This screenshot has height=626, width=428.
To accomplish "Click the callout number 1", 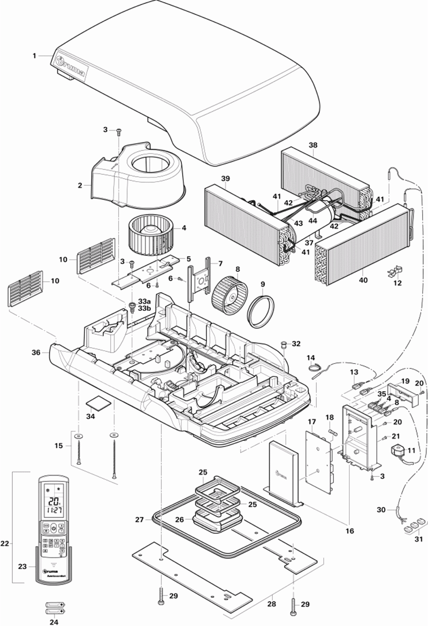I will coord(34,56).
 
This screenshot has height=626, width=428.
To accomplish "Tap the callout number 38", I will coord(313,144).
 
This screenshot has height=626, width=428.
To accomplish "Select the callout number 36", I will coord(36,353).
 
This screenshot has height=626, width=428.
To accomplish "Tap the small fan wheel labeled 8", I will coord(228,294).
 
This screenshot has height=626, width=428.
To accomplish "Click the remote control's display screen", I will coord(53,503).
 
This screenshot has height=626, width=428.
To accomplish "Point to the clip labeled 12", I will coord(395,272).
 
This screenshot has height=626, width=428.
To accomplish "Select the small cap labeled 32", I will coord(285,344).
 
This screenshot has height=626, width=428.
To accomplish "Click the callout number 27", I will coord(140,519).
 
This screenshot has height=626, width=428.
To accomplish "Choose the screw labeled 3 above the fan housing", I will coord(118,131).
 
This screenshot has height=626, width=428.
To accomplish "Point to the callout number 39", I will coord(225,178).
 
